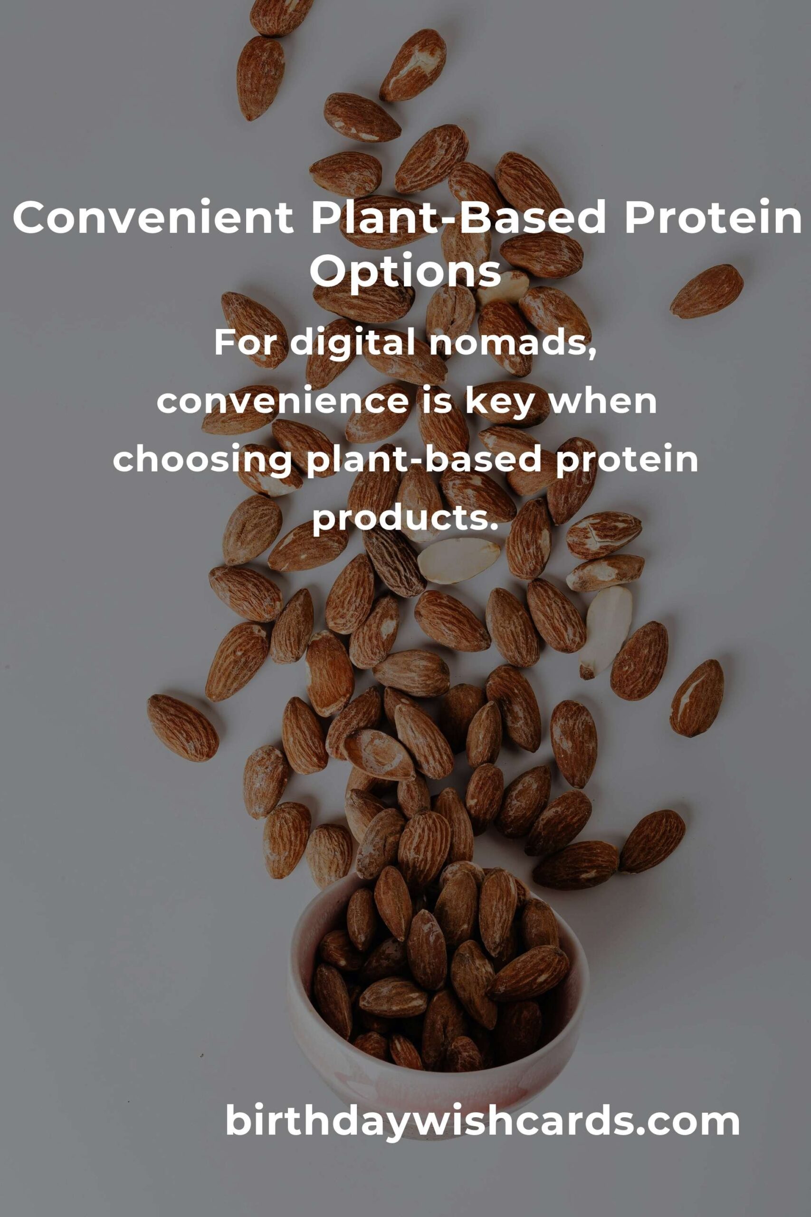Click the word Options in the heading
406,271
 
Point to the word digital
357,343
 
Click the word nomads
514,344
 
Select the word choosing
202,461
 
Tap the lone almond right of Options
707,291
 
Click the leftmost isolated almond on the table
182,727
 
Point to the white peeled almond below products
458,560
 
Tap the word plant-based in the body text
424,461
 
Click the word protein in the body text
627,461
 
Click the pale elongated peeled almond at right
605,631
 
